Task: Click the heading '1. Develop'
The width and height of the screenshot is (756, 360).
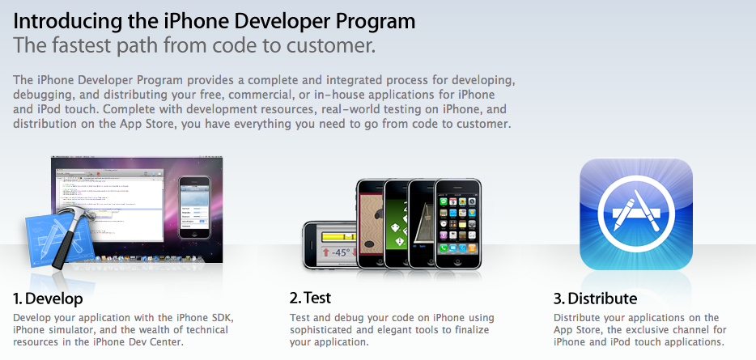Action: click(48, 299)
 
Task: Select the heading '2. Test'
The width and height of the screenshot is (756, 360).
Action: click(310, 298)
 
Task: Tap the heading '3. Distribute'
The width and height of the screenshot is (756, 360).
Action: click(595, 299)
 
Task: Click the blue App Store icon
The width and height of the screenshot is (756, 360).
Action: click(636, 214)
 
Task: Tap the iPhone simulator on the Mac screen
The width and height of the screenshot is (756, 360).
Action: click(194, 207)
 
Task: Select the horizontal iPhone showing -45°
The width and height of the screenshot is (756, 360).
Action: click(331, 245)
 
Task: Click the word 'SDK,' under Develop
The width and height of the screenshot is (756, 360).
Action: click(223, 318)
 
